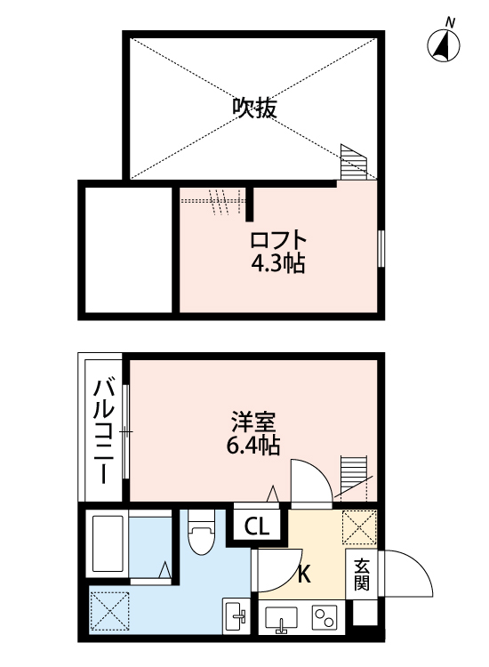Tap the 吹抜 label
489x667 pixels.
pyautogui.click(x=255, y=108)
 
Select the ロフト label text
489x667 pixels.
pyautogui.click(x=278, y=241)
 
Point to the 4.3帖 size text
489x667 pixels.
pyautogui.click(x=278, y=264)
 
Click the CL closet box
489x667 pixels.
pyautogui.click(x=257, y=526)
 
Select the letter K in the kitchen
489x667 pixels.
pyautogui.click(x=303, y=575)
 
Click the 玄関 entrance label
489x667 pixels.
pyautogui.click(x=362, y=575)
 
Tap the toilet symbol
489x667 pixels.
pyautogui.click(x=202, y=533)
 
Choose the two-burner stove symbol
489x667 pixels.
pyautogui.click(x=325, y=616)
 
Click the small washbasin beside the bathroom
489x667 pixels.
pyautogui.click(x=237, y=615)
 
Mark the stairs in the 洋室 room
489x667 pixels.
pyautogui.click(x=353, y=475)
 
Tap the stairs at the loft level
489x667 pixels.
pyautogui.click(x=353, y=162)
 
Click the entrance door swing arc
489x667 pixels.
pyautogui.click(x=410, y=575)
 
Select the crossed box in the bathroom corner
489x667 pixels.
pyautogui.click(x=109, y=611)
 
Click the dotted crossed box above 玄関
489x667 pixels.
pyautogui.click(x=360, y=526)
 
